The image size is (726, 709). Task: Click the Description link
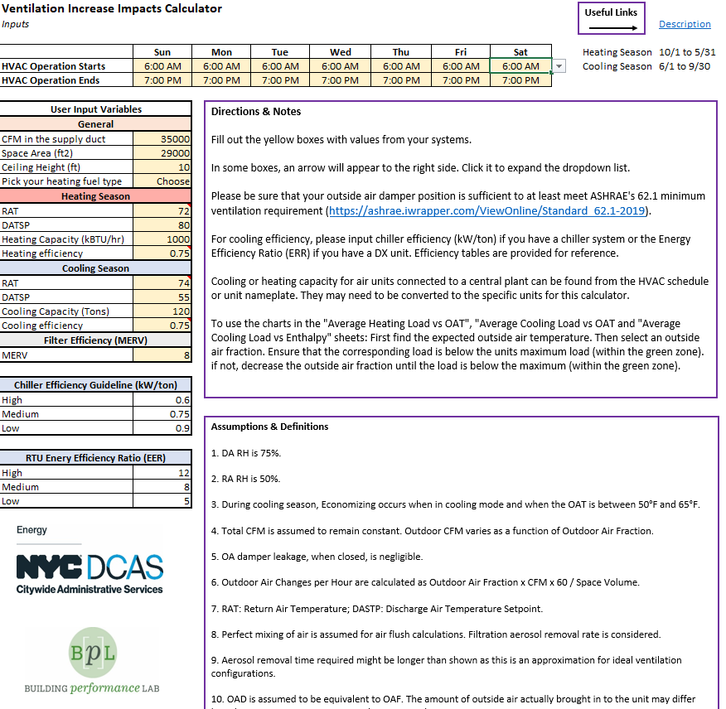point(685,24)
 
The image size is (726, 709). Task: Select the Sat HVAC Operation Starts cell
point(520,66)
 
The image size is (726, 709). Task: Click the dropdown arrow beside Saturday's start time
point(559,66)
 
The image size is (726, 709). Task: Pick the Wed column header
point(340,52)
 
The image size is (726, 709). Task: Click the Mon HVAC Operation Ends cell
point(221,80)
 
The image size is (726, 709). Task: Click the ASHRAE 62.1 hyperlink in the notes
point(490,210)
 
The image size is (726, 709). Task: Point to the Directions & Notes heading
point(256,112)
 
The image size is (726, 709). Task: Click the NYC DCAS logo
point(90,572)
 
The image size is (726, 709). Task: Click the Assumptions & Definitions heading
point(269,427)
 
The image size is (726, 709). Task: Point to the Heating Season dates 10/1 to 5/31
point(688,52)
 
